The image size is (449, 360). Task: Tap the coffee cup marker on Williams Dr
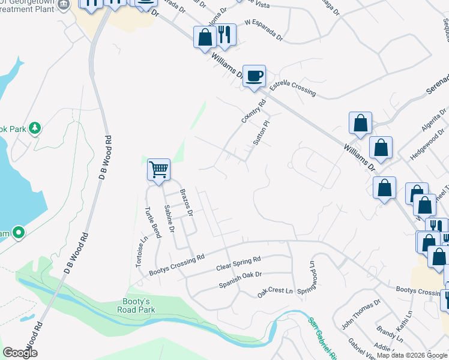click(x=254, y=76)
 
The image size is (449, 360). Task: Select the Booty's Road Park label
click(x=137, y=305)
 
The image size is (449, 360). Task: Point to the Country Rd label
click(x=253, y=112)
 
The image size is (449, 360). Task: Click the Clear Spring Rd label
click(x=238, y=263)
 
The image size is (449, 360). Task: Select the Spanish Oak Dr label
click(x=240, y=278)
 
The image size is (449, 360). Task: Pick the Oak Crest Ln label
click(x=275, y=292)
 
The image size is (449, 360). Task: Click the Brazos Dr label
click(x=187, y=203)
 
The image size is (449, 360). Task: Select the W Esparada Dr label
click(x=264, y=31)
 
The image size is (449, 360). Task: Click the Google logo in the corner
click(x=20, y=353)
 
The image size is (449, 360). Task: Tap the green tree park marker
click(x=35, y=128)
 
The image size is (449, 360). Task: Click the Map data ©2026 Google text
click(x=412, y=355)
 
